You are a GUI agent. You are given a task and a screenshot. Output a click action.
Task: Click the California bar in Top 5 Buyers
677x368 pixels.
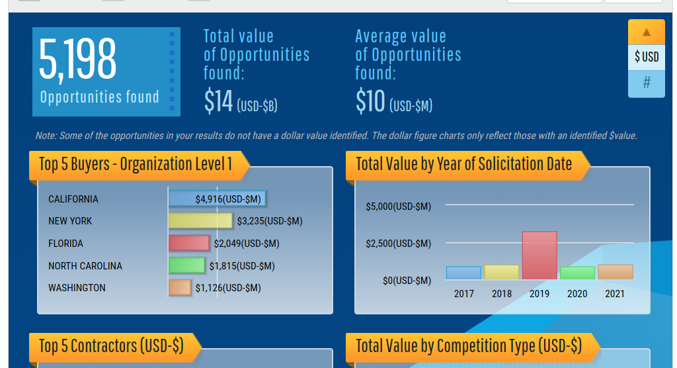(218, 199)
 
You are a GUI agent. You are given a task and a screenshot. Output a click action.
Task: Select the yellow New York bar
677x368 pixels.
(200, 220)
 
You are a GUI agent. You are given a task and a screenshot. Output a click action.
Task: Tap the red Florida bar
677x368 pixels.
(189, 243)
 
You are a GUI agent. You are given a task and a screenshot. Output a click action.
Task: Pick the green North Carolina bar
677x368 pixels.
(186, 265)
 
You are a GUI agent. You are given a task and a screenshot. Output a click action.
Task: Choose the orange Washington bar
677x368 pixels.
(180, 287)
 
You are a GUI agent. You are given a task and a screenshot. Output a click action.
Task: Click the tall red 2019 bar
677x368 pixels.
(539, 255)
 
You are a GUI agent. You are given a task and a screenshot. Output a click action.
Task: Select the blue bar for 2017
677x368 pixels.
(463, 273)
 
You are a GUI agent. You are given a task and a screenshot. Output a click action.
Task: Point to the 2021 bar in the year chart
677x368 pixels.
(616, 271)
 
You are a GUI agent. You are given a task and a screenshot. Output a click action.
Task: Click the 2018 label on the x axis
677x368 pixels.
(502, 294)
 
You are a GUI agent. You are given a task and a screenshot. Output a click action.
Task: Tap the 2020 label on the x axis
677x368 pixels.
(577, 294)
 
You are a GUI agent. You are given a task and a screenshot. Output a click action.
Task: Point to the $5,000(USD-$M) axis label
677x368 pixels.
(398, 207)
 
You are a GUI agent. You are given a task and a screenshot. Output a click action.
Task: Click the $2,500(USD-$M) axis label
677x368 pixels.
(398, 244)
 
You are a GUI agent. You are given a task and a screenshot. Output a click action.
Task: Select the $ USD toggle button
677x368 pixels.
(647, 57)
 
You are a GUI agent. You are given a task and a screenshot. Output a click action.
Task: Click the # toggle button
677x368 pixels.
(647, 83)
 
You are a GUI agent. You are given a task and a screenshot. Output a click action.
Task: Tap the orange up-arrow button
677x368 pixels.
(647, 32)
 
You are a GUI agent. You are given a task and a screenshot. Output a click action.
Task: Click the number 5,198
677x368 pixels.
(78, 60)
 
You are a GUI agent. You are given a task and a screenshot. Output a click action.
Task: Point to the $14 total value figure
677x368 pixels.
(219, 101)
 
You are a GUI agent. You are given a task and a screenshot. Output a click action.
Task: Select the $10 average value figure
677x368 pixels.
(370, 101)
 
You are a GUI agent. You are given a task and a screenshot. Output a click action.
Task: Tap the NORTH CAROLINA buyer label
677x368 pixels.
(85, 266)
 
